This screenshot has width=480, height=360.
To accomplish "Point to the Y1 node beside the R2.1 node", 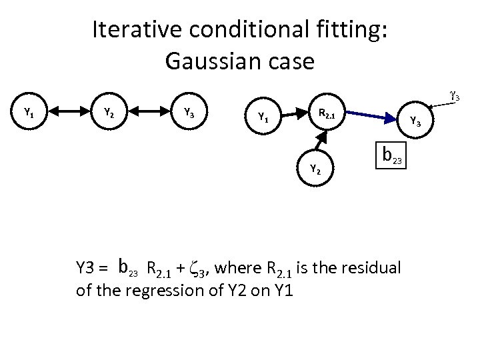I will [x=263, y=118].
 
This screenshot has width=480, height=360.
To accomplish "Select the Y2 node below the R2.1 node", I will [x=315, y=169].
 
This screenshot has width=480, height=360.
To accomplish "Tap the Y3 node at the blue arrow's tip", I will [x=415, y=121].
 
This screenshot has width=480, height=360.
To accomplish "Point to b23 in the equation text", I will [x=127, y=268].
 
